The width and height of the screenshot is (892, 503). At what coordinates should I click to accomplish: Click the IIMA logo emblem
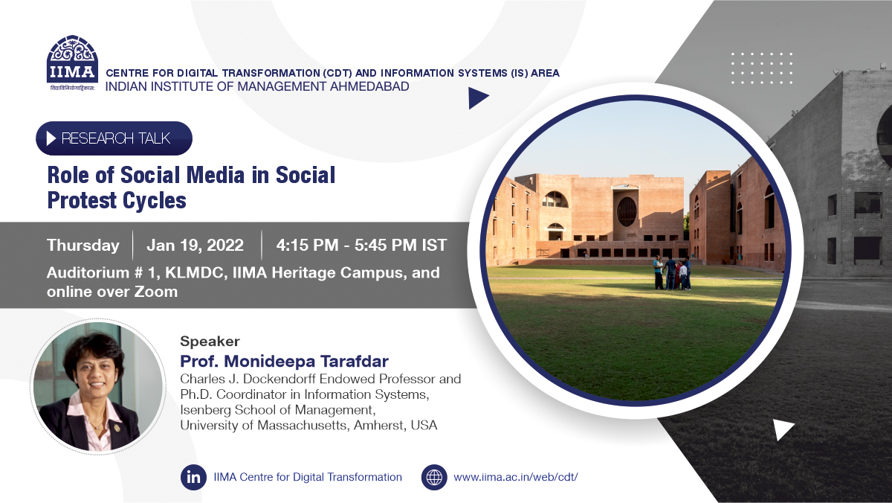pyautogui.click(x=73, y=63)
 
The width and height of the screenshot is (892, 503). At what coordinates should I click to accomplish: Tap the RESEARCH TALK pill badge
pyautogui.click(x=114, y=138)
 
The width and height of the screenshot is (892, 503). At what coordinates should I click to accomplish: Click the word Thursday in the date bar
pyautogui.click(x=83, y=245)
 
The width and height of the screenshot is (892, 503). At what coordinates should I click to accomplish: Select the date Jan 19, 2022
pyautogui.click(x=195, y=245)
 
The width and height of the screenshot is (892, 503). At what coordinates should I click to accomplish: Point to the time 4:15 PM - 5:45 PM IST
pyautogui.click(x=361, y=245)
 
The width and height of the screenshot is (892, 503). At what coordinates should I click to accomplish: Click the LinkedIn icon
pyautogui.click(x=193, y=477)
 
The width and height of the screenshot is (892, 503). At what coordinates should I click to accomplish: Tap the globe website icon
pyautogui.click(x=434, y=477)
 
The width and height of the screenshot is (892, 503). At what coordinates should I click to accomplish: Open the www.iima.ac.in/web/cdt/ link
pyautogui.click(x=516, y=477)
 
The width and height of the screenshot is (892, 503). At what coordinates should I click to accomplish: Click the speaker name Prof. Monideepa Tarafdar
pyautogui.click(x=284, y=361)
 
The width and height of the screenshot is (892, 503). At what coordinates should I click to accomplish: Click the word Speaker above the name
pyautogui.click(x=210, y=342)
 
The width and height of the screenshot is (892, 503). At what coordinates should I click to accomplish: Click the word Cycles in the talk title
pyautogui.click(x=154, y=200)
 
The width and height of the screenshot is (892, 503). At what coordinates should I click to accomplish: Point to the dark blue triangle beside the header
pyautogui.click(x=479, y=98)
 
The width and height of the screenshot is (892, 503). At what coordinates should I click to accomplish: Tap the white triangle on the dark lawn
pyautogui.click(x=783, y=429)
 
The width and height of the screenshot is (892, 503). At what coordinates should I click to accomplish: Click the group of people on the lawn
pyautogui.click(x=672, y=273)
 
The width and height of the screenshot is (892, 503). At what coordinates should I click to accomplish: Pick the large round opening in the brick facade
pyautogui.click(x=627, y=211)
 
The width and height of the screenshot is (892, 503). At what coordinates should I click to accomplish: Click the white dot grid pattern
pyautogui.click(x=761, y=68)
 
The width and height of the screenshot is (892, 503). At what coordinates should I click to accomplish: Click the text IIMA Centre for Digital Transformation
pyautogui.click(x=308, y=477)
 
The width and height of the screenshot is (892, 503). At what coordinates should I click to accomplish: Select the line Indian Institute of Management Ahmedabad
pyautogui.click(x=257, y=86)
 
